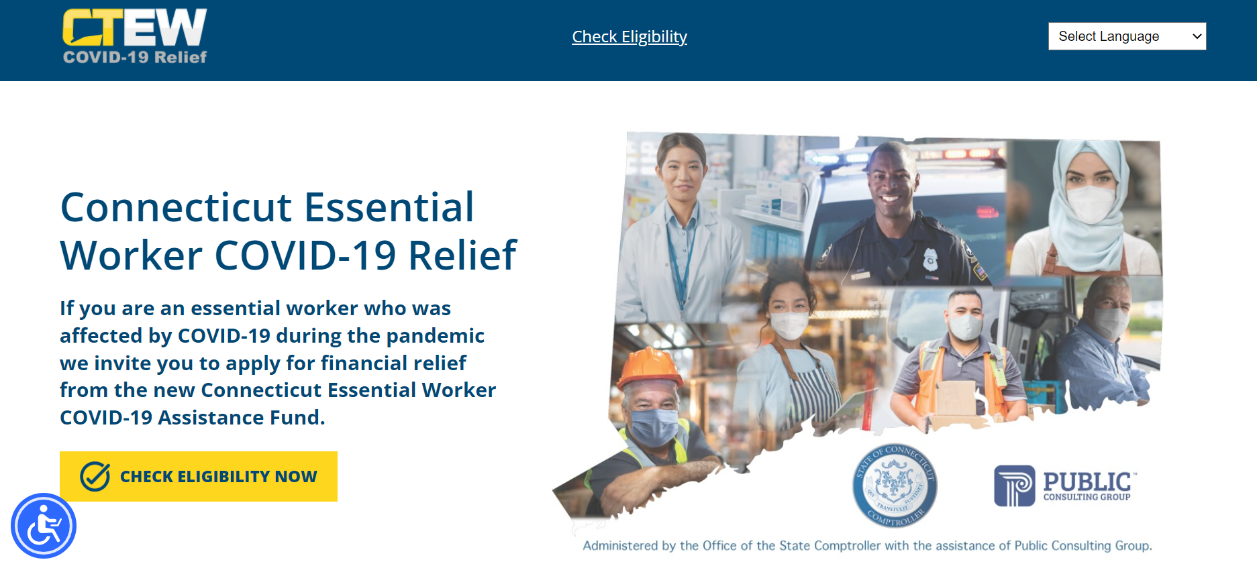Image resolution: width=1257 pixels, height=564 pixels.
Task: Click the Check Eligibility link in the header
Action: click(x=630, y=37)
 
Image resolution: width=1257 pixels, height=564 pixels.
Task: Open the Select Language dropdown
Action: click(x=1127, y=36)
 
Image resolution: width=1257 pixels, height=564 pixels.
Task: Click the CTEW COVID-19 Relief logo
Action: click(x=135, y=36)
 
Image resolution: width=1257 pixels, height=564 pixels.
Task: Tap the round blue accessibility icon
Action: click(x=44, y=526)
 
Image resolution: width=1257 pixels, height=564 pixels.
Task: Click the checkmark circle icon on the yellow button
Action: click(x=95, y=476)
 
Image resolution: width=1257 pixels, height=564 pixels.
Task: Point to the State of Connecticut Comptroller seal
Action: click(x=895, y=485)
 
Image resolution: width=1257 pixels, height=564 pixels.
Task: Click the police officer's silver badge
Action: click(x=930, y=258)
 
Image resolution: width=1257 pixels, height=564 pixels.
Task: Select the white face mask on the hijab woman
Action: click(x=1092, y=203)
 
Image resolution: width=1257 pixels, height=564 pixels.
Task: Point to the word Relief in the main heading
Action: click(x=462, y=256)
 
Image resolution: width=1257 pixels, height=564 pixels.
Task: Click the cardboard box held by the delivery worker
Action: click(x=956, y=400)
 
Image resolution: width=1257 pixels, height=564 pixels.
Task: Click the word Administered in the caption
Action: click(x=620, y=546)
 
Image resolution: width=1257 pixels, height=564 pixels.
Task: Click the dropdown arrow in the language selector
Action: click(x=1197, y=36)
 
